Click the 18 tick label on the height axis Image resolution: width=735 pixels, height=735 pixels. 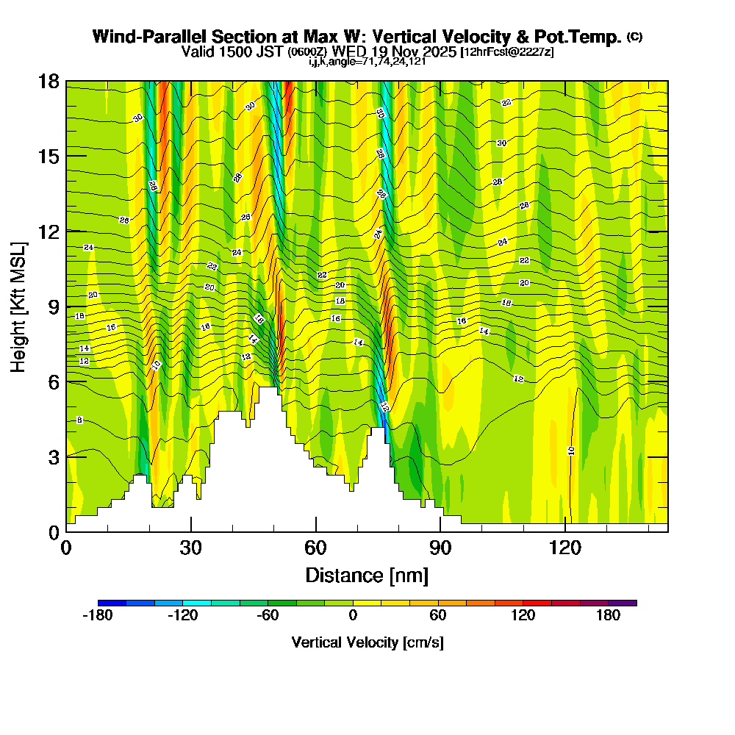(x=49, y=81)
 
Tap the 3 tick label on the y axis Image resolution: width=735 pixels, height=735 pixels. (x=53, y=456)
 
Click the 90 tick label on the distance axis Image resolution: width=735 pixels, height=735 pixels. (x=440, y=548)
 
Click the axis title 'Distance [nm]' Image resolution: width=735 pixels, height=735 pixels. (x=367, y=575)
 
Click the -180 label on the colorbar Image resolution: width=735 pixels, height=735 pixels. (x=98, y=616)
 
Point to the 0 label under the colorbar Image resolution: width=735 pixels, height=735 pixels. (x=353, y=616)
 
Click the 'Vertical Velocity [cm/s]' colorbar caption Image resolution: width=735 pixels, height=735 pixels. (x=367, y=642)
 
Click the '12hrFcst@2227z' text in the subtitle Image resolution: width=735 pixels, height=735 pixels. (x=507, y=52)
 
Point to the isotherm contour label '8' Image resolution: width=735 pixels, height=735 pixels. (x=79, y=420)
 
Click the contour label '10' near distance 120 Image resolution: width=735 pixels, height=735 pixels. (x=571, y=451)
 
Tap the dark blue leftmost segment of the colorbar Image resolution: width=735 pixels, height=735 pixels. (x=112, y=603)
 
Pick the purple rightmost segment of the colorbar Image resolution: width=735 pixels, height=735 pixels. (x=623, y=603)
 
